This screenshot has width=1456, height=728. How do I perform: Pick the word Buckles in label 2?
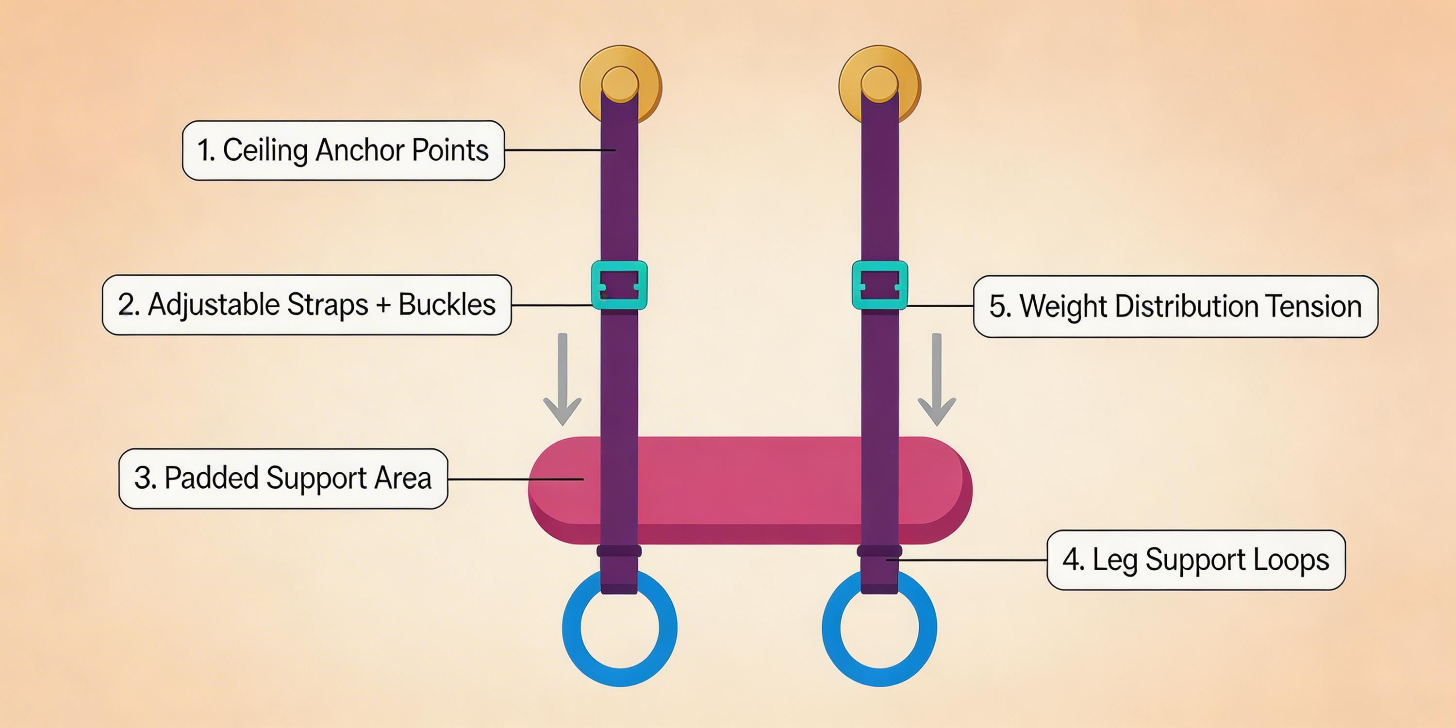447,305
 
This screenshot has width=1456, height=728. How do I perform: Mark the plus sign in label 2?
383,306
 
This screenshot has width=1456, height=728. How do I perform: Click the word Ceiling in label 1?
265,150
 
